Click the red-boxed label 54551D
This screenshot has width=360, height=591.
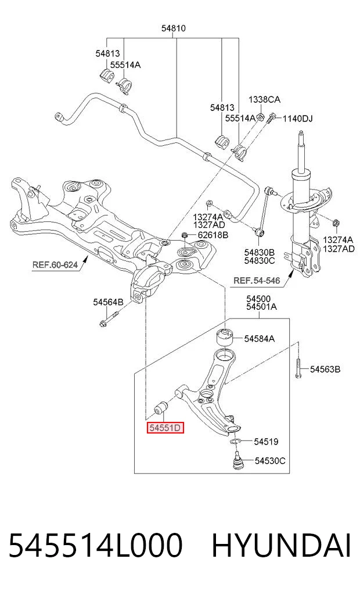pyautogui.click(x=165, y=428)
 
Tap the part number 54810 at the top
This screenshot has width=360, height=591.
pyautogui.click(x=174, y=28)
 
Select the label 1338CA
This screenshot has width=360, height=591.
pyautogui.click(x=264, y=99)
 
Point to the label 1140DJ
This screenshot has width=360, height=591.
pyautogui.click(x=298, y=119)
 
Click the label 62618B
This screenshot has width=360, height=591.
pyautogui.click(x=213, y=235)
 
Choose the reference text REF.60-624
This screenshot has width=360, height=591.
pyautogui.click(x=55, y=264)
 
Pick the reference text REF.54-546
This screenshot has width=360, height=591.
pyautogui.click(x=257, y=281)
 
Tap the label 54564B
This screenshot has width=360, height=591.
pyautogui.click(x=109, y=302)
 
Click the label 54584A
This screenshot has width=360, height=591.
pyautogui.click(x=260, y=339)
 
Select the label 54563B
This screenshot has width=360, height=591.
pyautogui.click(x=325, y=370)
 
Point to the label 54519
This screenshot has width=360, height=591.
pyautogui.click(x=267, y=442)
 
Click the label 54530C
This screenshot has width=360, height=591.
pyautogui.click(x=270, y=461)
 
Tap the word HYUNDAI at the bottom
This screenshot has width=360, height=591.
pyautogui.click(x=281, y=546)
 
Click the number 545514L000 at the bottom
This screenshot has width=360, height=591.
pyautogui.click(x=96, y=546)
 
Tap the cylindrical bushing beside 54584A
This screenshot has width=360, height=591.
pyautogui.click(x=225, y=336)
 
